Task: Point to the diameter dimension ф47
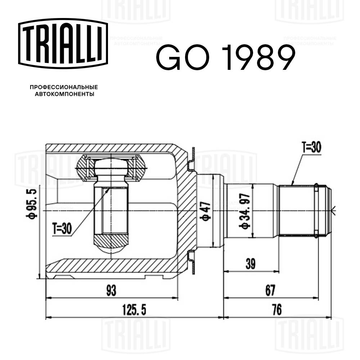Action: (x=205, y=212)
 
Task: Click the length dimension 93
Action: (x=111, y=291)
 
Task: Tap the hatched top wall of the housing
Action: (x=108, y=148)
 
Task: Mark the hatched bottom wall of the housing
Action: (x=108, y=267)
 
